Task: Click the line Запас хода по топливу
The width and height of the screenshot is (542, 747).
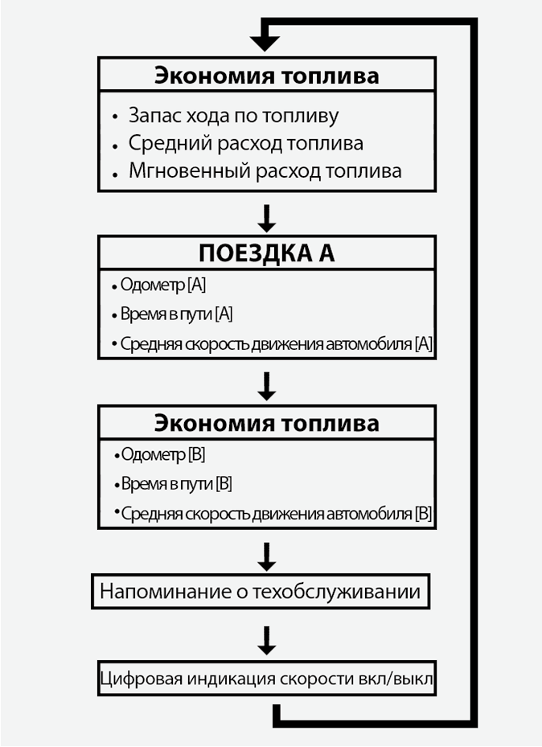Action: [233, 115]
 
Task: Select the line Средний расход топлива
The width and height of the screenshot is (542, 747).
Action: [245, 143]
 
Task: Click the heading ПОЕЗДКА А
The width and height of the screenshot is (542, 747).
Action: [267, 252]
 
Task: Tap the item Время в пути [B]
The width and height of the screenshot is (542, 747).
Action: [176, 484]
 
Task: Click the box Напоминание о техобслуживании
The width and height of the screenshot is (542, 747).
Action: [260, 593]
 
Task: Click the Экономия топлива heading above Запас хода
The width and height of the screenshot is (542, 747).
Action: [266, 76]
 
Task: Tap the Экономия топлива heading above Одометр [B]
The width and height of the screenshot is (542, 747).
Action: [266, 422]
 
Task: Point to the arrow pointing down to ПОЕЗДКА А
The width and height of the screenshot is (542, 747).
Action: [267, 217]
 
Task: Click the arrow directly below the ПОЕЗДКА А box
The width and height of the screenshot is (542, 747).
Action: [267, 387]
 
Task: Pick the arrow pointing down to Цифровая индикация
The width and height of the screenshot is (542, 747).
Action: [267, 640]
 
